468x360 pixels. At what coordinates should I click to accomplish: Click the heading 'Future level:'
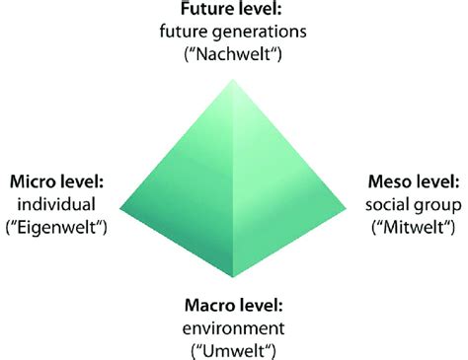(x=233, y=11)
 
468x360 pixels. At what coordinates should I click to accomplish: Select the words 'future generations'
(x=233, y=31)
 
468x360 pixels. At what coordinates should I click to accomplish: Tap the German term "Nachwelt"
(x=233, y=52)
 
